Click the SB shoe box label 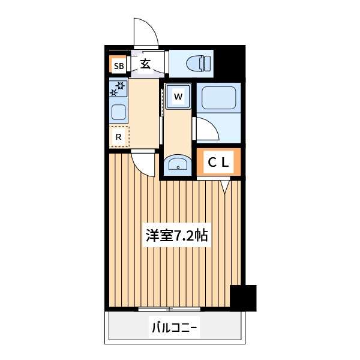click(x=119, y=66)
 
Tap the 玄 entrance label click(x=145, y=64)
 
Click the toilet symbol click(x=199, y=64)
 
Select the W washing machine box click(x=178, y=96)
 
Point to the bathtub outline click(x=218, y=98)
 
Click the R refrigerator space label click(x=118, y=137)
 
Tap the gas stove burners click(x=118, y=89)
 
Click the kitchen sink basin click(x=118, y=112)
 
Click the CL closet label click(x=218, y=163)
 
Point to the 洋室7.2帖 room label click(x=177, y=235)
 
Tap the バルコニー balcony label click(x=175, y=328)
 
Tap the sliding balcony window click(x=169, y=309)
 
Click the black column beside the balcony click(x=243, y=298)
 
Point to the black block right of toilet click(x=229, y=62)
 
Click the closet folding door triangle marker click(x=225, y=186)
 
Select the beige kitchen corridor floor click(x=144, y=113)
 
